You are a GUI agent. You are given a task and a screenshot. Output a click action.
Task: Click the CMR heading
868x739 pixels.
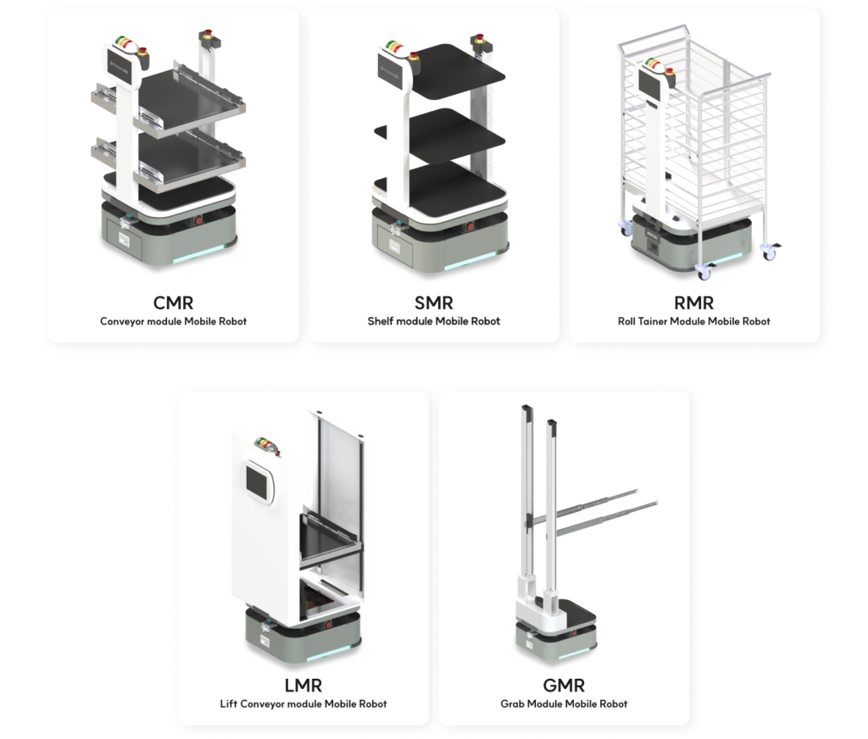[x=173, y=303]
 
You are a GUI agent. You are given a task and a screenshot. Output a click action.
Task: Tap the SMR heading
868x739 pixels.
[x=434, y=303]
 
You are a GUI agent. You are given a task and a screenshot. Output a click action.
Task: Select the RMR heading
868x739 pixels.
[x=693, y=303]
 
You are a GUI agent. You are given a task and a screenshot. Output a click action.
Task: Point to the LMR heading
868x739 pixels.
[x=303, y=686]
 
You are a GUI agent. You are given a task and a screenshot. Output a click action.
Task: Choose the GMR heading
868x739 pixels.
[x=564, y=686]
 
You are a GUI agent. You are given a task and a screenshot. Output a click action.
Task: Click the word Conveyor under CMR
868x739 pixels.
[x=122, y=321]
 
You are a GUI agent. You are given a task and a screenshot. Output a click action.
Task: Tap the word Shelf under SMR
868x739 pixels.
[x=381, y=321]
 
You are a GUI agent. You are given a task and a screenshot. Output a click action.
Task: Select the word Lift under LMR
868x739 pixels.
[x=229, y=703]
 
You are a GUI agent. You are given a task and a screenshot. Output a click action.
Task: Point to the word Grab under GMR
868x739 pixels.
[x=512, y=703]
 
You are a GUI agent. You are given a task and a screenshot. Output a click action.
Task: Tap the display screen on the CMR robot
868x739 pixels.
[x=120, y=68]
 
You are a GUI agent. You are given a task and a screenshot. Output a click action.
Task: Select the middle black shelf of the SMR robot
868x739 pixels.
[x=442, y=135]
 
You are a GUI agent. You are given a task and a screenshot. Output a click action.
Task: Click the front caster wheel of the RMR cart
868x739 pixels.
[x=704, y=272]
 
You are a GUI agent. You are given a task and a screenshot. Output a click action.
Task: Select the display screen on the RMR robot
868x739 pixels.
[x=650, y=82]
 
